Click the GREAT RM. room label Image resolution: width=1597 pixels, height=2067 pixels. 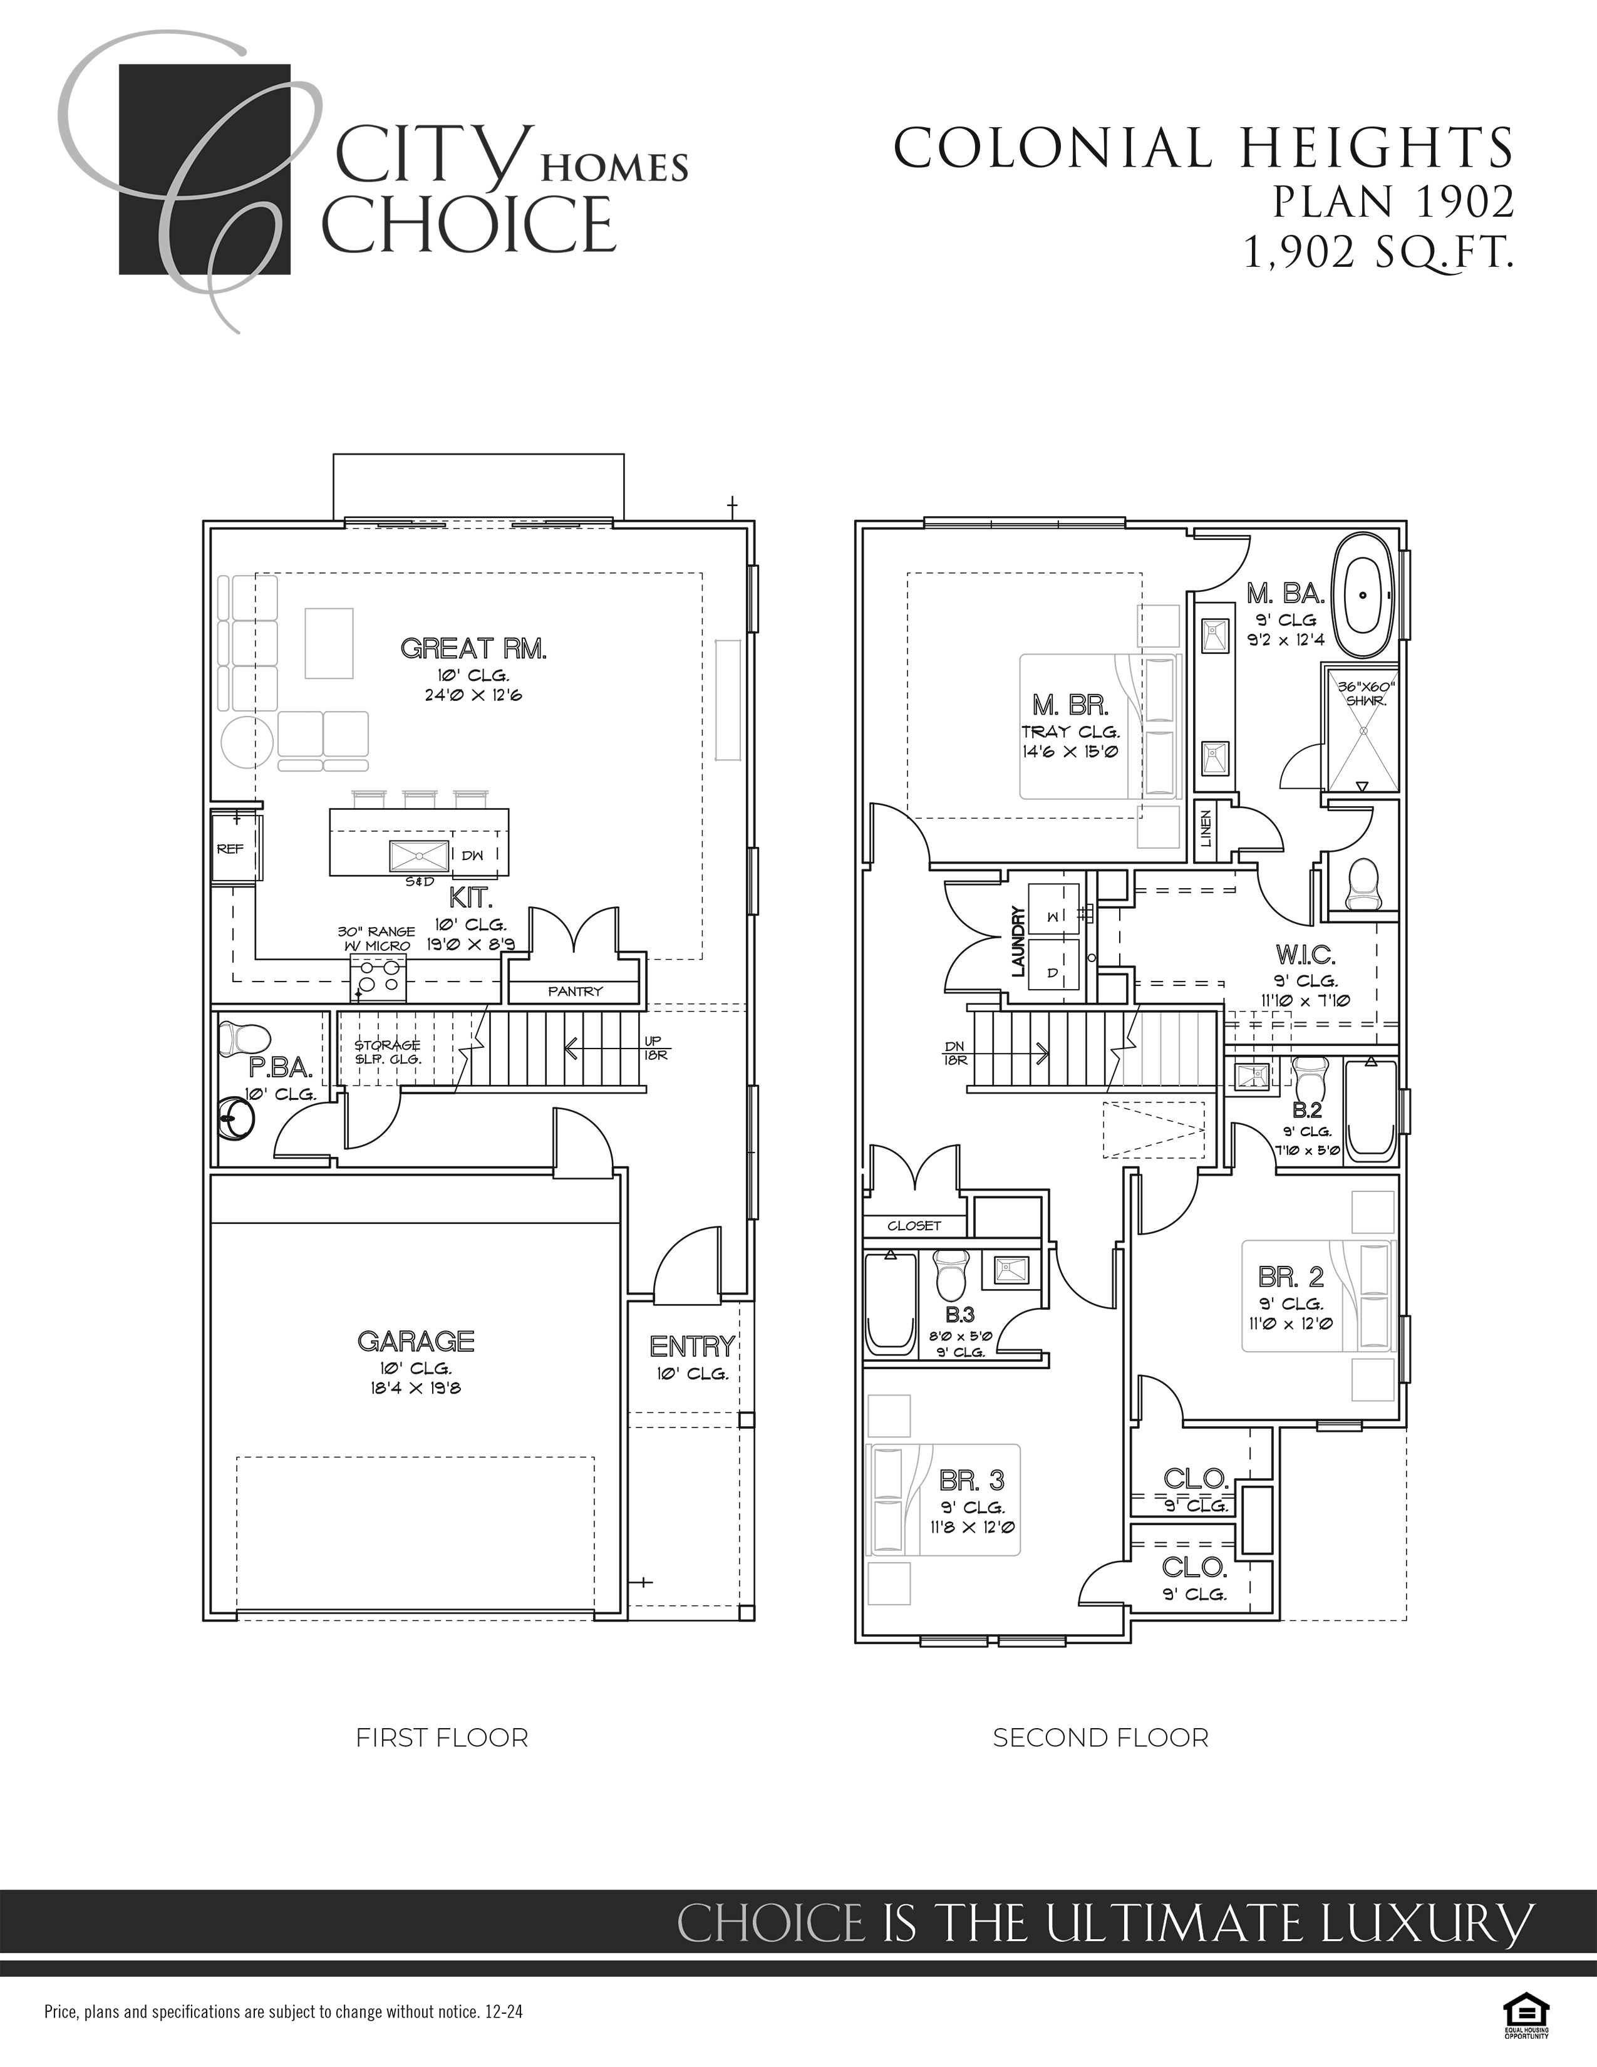click(473, 650)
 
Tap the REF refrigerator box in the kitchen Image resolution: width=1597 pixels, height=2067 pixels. click(232, 849)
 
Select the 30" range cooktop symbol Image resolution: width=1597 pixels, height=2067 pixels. click(378, 978)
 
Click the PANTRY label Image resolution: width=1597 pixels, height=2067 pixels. click(574, 991)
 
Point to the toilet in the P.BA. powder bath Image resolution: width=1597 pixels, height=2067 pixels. click(232, 1039)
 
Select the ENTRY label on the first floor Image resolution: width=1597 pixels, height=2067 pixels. click(691, 1346)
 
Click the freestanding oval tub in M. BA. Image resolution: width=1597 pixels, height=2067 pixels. click(1362, 595)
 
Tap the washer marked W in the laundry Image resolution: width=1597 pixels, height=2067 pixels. click(1053, 915)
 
